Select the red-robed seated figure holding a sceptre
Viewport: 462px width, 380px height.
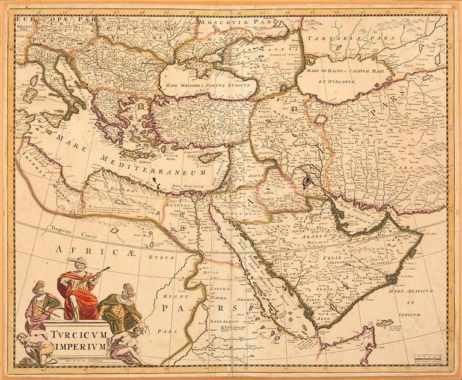point(80,288)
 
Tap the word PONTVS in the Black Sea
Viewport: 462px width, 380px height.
point(211,86)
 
